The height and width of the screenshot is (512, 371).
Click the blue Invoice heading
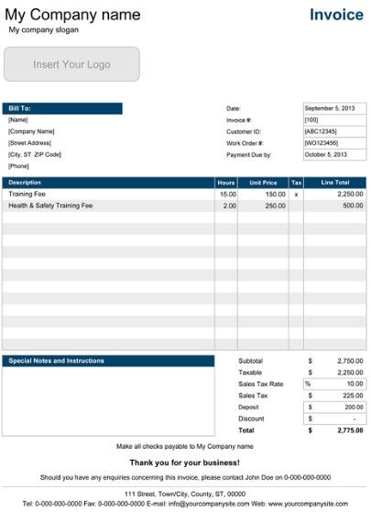click(336, 15)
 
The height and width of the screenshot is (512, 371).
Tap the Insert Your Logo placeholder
click(72, 65)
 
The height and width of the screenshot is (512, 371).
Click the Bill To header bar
click(62, 108)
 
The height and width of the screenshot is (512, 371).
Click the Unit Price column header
click(263, 183)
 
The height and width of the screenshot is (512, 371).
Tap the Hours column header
click(226, 183)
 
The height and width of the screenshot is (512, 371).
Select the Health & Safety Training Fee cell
click(50, 206)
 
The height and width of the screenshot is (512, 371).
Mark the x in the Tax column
click(296, 195)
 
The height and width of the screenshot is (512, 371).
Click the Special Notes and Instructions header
click(57, 361)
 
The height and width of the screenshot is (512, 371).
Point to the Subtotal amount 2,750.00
click(347, 361)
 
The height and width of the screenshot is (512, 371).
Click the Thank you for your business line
click(185, 462)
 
